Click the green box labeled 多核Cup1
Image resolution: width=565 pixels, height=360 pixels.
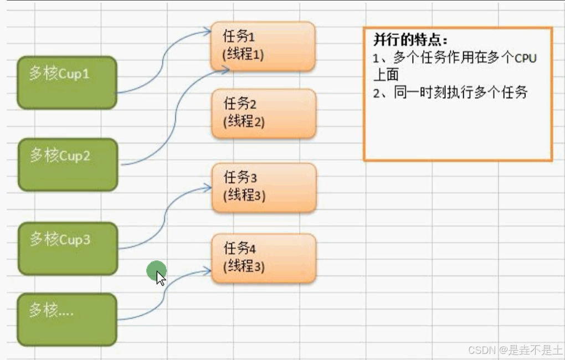point(66,82)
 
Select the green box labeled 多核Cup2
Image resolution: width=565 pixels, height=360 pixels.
point(68,164)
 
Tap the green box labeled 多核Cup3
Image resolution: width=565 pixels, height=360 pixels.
point(68,248)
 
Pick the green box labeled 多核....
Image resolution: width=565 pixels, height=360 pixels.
point(66,319)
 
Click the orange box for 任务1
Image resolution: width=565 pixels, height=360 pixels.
point(263,46)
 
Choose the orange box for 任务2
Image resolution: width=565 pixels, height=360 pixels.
point(263,113)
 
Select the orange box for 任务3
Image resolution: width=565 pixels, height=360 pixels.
point(264,187)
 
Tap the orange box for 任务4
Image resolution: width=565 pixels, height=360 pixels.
point(264,258)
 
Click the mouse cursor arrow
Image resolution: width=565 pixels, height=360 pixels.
point(160,277)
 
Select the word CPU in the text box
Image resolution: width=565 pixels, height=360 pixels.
point(526,58)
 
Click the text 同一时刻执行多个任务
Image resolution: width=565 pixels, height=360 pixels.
point(461,92)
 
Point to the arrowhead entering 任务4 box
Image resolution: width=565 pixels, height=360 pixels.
point(208,271)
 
